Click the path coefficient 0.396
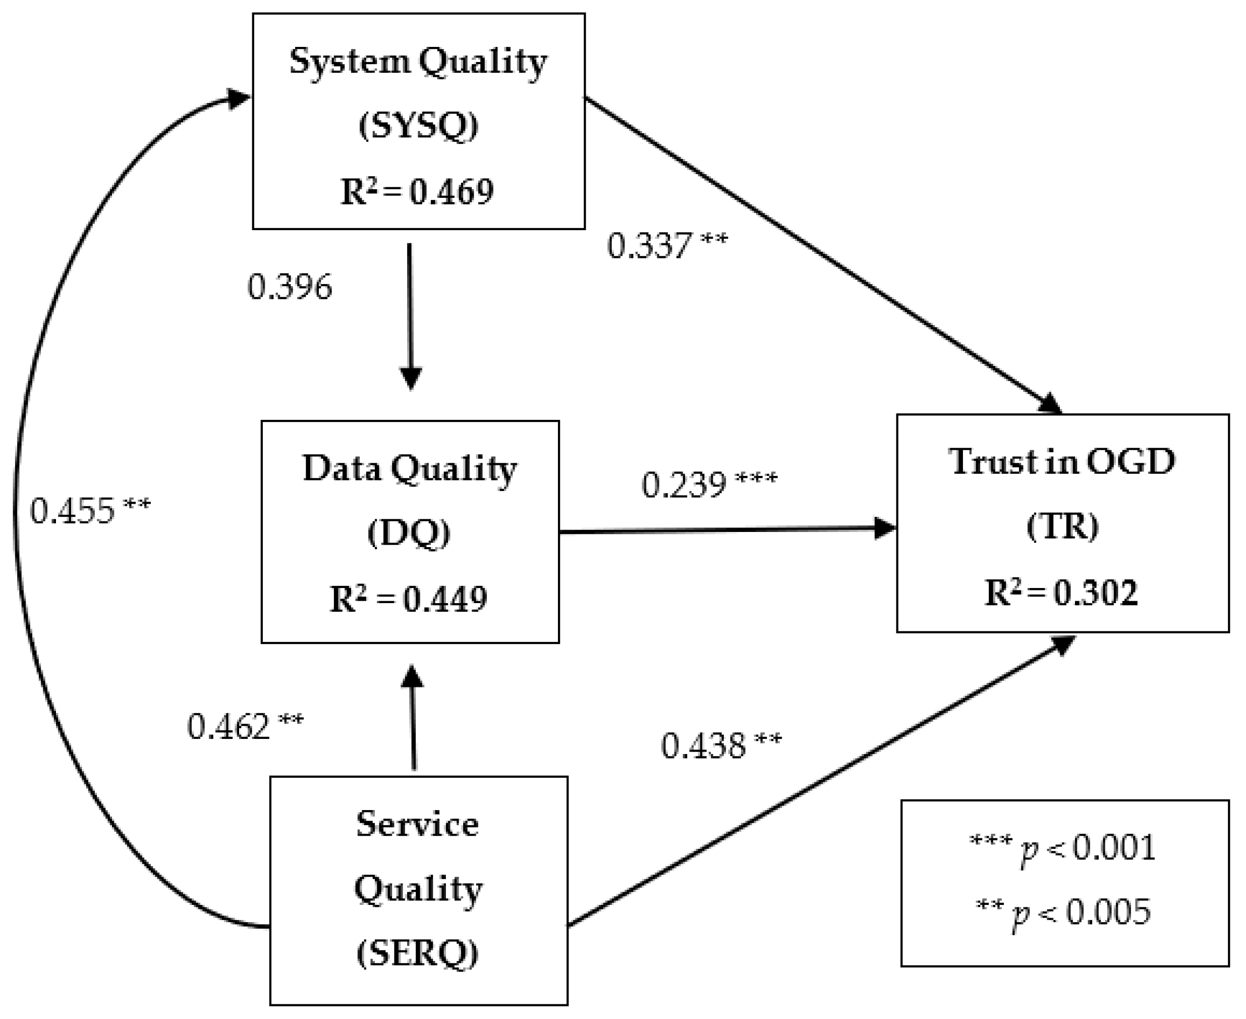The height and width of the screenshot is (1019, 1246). pos(290,287)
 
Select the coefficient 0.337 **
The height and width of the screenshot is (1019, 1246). pos(666,245)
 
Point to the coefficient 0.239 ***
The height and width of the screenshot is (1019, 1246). pos(709,485)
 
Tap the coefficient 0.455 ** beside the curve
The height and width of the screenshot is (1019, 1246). pos(90,510)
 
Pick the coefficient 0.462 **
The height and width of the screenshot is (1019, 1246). pos(245,726)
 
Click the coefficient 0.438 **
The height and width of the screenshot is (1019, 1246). pos(721,745)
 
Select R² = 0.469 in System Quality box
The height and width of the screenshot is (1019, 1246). pos(417,191)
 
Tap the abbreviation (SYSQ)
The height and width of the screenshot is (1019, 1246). pos(418,125)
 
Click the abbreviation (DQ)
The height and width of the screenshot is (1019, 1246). pos(409,533)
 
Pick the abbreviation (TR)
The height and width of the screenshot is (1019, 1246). pos(1062,526)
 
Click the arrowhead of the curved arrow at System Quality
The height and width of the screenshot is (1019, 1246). pos(239,99)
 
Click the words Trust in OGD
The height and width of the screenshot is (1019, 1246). pos(1062,461)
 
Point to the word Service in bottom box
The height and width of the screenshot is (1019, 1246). pos(417,824)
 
